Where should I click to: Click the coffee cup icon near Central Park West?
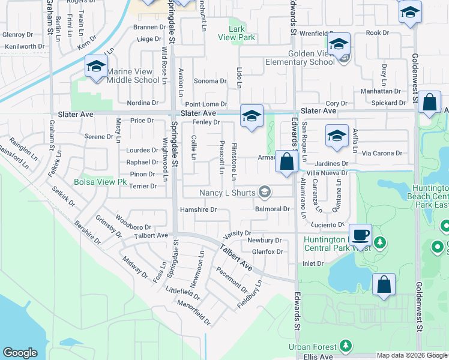(360, 235)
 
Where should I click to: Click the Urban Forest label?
(313, 346)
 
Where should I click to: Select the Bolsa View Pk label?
(100, 181)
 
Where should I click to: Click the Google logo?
(20, 353)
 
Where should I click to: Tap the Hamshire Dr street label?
(197, 209)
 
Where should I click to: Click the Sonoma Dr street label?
(209, 80)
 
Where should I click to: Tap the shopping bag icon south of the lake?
(384, 286)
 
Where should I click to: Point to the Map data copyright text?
(411, 355)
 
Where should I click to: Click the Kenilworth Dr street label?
(25, 46)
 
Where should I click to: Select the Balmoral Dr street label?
(273, 209)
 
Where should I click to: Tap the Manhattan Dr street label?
(381, 91)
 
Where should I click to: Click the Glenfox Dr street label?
(267, 251)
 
